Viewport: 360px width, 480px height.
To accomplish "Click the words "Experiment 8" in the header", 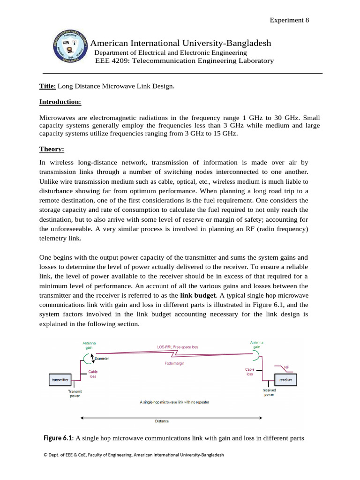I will point(289,20).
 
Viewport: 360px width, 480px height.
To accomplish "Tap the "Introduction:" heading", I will point(60,102).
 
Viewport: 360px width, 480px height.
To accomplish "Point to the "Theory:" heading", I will point(52,149).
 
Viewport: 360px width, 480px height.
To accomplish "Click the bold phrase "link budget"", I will point(198,295).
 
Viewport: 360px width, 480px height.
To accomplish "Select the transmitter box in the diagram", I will point(60,379).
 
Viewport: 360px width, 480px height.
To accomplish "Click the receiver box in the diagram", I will point(285,379).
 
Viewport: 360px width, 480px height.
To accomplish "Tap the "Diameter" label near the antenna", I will point(102,359).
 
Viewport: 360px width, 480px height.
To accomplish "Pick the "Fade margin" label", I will point(174,363).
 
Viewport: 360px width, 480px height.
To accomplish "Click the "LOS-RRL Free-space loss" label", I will point(178,347).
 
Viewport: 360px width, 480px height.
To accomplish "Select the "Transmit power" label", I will point(75,393).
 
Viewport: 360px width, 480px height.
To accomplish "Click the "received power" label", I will point(269,392).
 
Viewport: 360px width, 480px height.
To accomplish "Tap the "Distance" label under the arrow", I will point(162,421).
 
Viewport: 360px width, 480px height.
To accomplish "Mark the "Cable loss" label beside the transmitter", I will point(93,374).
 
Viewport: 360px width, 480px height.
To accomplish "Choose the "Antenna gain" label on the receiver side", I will point(256,345).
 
